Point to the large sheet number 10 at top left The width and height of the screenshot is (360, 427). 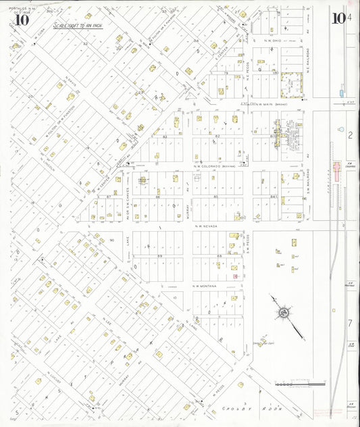click(21, 18)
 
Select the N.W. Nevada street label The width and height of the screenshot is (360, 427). click(207, 226)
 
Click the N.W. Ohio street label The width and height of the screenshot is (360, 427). click(267, 40)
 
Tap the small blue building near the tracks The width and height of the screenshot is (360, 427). click(341, 91)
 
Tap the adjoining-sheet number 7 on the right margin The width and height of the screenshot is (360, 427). click(350, 324)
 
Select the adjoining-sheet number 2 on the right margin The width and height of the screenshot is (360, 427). click(350, 136)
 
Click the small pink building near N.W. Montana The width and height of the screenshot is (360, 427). click(234, 276)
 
